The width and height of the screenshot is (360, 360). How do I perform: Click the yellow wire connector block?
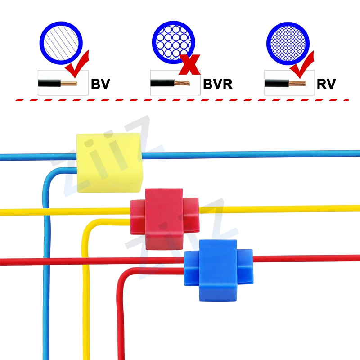[x=109, y=163]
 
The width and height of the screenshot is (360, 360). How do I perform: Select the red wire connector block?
[x=164, y=219]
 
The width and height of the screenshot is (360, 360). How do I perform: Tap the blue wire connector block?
[x=218, y=270]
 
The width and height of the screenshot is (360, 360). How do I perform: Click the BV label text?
[x=100, y=84]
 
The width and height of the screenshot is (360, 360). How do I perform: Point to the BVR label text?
[x=218, y=84]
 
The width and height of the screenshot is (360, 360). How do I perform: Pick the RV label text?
[x=326, y=84]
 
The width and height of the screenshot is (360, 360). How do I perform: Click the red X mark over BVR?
[x=189, y=65]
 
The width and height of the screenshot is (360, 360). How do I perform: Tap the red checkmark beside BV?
[x=77, y=64]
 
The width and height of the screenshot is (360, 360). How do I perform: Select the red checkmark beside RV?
[x=302, y=64]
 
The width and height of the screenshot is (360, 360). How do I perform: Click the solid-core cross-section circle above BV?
[x=61, y=43]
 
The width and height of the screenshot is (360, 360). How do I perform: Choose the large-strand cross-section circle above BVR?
[x=174, y=42]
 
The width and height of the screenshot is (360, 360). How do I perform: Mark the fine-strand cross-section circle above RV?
[x=288, y=43]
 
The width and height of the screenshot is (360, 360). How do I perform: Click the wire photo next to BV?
[x=63, y=83]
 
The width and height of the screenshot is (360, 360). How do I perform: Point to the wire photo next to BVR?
[x=175, y=83]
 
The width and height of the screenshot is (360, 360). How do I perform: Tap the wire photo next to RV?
[x=289, y=83]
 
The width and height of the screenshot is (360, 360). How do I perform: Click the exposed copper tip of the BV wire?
[x=69, y=83]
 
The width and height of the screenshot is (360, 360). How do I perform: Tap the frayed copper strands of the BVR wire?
[x=182, y=83]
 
